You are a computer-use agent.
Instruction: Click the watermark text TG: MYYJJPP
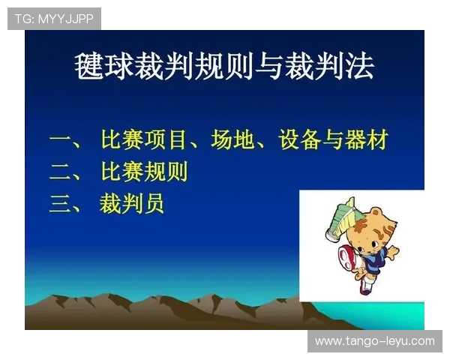coord(54,19)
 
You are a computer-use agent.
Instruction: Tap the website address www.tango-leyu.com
coord(374,341)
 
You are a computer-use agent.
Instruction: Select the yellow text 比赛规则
coord(144,172)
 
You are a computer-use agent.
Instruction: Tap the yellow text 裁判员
coord(132,203)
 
